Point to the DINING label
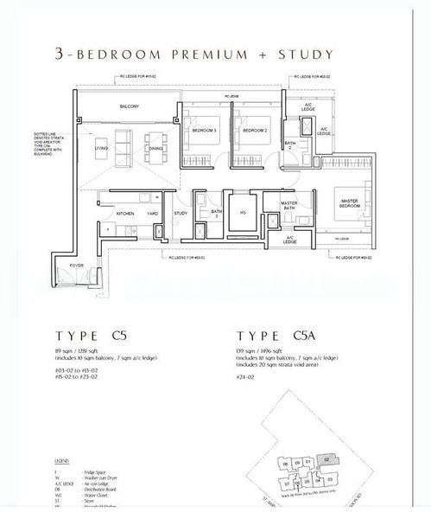point(155,149)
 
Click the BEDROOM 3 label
point(204,130)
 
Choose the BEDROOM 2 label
point(252,130)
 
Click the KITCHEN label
point(125,213)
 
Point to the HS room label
point(243,212)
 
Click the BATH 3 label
point(215,213)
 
